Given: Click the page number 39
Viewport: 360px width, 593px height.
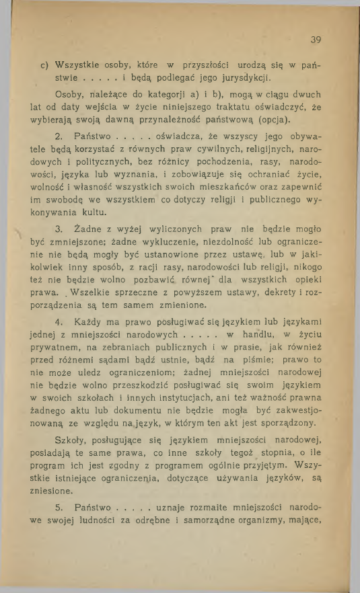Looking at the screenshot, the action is pyautogui.click(x=316, y=39).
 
